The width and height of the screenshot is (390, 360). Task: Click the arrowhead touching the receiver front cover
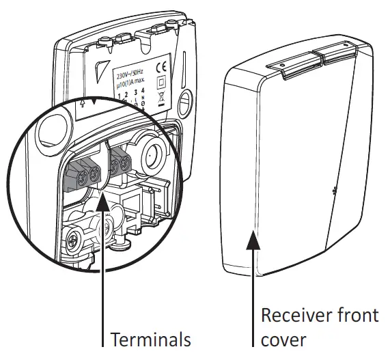(255, 238)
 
